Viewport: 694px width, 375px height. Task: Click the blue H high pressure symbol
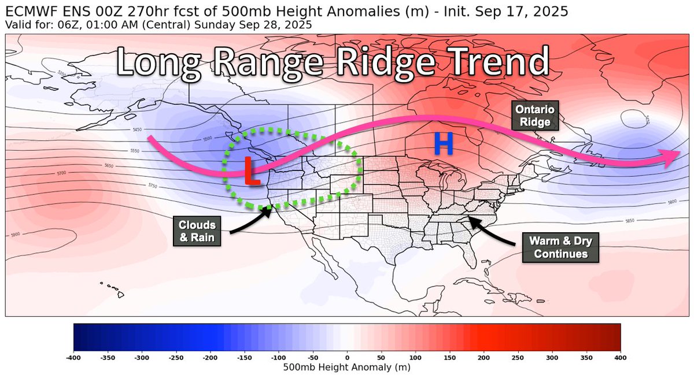pyautogui.click(x=443, y=144)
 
